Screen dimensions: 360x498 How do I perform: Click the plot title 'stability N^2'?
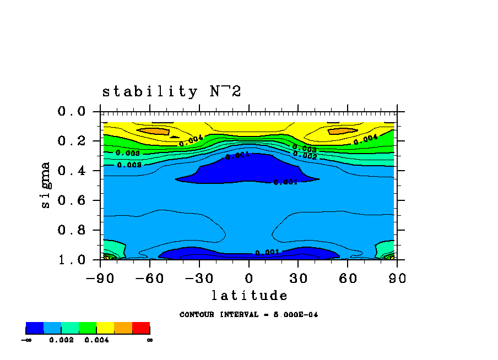tap(171, 91)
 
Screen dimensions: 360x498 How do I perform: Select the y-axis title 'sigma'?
tap(45, 184)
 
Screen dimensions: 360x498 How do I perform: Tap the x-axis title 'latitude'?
tap(249, 296)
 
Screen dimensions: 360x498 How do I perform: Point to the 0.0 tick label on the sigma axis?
tap(72, 112)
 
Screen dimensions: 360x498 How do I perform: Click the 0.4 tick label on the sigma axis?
tap(72, 171)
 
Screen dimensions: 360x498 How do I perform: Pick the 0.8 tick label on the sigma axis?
tap(72, 230)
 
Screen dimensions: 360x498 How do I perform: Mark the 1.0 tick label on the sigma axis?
tap(72, 259)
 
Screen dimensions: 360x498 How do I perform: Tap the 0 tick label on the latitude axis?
tap(249, 278)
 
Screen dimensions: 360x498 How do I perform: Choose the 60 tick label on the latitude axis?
tap(348, 278)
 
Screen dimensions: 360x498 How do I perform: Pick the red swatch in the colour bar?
tap(141, 328)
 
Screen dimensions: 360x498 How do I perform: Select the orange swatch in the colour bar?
tap(123, 328)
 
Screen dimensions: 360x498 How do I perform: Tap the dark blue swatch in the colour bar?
tap(34, 328)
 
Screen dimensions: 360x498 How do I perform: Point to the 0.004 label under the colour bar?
tap(96, 340)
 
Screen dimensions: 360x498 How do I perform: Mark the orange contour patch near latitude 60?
tap(342, 131)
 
